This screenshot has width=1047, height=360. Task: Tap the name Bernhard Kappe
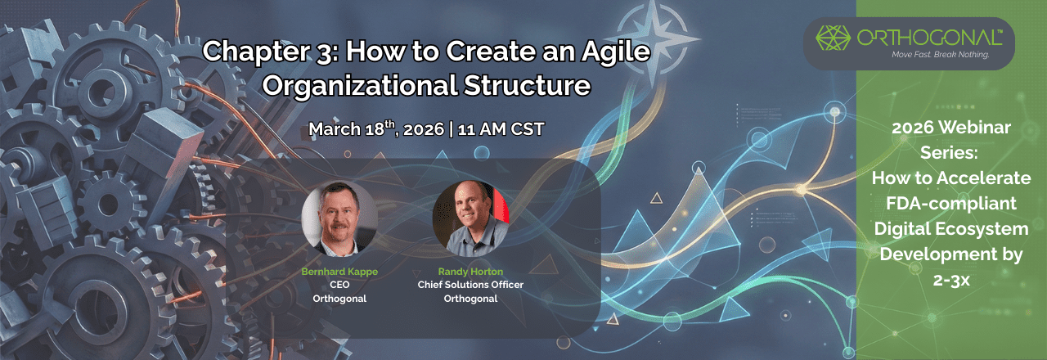point(339,272)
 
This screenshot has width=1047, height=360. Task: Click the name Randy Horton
point(470,272)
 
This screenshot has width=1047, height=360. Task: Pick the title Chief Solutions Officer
point(470,285)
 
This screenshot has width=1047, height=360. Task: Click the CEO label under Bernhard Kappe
point(339,285)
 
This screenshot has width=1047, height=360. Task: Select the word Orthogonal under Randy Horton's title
point(470,298)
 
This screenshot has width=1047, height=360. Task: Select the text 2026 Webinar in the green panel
point(950,128)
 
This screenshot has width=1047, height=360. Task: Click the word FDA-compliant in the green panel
point(951,203)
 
